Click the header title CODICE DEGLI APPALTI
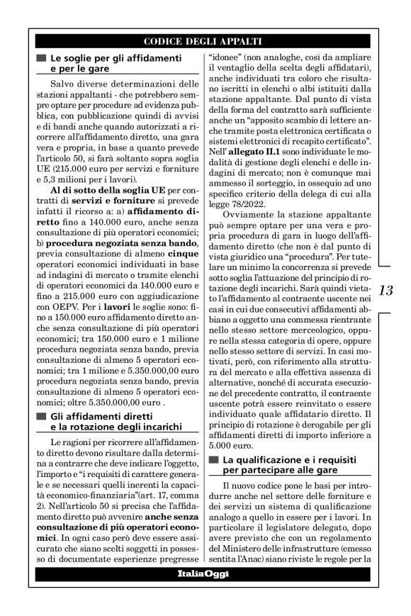coord(203,41)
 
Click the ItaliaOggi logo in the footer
coord(203,573)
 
